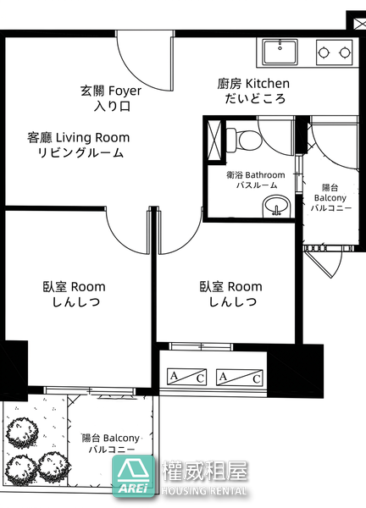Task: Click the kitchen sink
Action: (280, 52)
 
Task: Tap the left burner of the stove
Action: (324, 52)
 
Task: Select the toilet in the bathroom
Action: (243, 140)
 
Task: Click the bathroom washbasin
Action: (276, 206)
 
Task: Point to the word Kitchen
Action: (268, 84)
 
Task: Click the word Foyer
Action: (125, 91)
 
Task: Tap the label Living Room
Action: (92, 138)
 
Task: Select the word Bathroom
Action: (265, 175)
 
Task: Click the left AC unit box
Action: (186, 377)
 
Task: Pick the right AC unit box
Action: (239, 377)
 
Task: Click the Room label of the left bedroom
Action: (88, 287)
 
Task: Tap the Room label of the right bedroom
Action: (245, 287)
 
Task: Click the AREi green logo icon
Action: (133, 476)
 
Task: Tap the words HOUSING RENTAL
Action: (204, 490)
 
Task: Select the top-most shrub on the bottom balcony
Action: (22, 433)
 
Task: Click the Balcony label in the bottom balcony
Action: (121, 438)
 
